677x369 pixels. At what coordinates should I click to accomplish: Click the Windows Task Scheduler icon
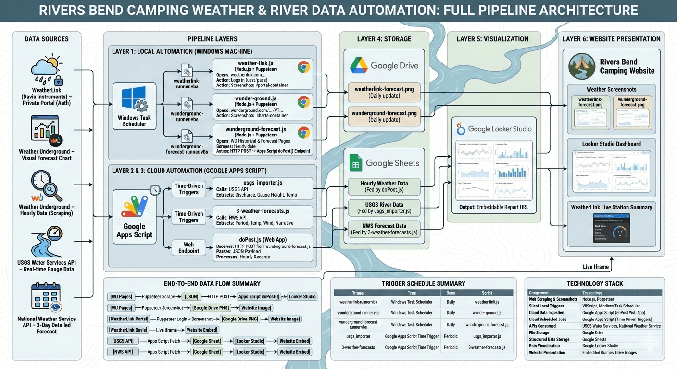click(134, 99)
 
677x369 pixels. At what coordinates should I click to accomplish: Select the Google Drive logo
click(359, 65)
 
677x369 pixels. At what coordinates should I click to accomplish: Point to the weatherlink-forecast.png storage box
click(384, 92)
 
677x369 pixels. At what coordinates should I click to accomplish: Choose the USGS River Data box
click(384, 208)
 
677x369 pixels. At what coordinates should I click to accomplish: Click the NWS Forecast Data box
click(384, 229)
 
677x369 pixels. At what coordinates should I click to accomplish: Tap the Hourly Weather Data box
click(384, 186)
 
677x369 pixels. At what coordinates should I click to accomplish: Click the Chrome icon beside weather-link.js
click(303, 67)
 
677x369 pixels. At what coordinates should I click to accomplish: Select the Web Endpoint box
click(188, 247)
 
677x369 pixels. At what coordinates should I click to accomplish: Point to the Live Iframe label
click(596, 267)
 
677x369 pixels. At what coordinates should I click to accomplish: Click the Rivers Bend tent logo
click(582, 66)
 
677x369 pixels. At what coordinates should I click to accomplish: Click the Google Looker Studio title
click(500, 129)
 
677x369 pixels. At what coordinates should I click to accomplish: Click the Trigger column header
click(358, 293)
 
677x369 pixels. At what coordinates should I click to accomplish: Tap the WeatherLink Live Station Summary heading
click(611, 207)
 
